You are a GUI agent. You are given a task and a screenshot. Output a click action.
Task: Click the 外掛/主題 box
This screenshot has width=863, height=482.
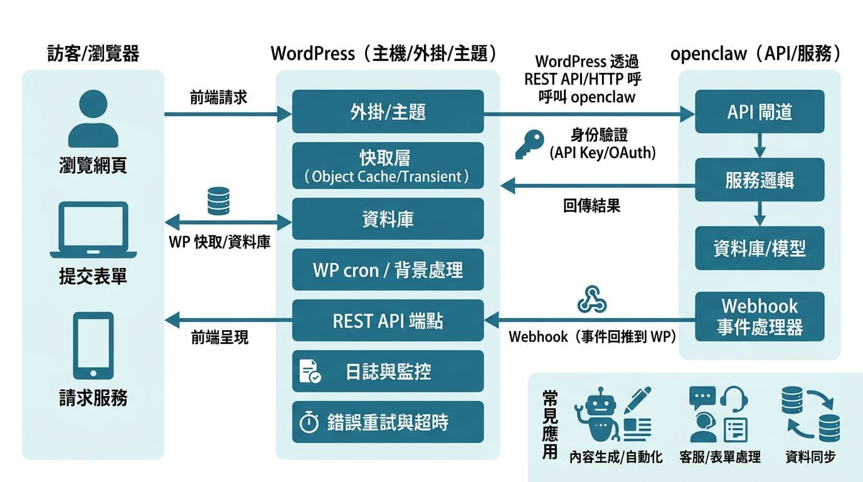[388, 112]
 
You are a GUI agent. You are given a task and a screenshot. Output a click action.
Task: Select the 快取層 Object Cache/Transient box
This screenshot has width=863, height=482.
[388, 166]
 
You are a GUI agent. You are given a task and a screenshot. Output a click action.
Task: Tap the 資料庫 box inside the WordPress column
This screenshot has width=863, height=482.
[388, 219]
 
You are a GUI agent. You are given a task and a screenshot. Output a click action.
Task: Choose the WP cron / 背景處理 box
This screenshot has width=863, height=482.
[388, 270]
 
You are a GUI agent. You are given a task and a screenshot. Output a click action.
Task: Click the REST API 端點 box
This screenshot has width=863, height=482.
[388, 321]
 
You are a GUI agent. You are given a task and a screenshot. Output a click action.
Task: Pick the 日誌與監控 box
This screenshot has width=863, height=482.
[388, 372]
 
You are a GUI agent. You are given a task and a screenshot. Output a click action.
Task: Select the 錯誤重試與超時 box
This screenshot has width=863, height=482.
[388, 422]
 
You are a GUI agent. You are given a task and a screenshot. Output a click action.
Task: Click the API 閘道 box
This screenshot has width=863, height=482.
[760, 112]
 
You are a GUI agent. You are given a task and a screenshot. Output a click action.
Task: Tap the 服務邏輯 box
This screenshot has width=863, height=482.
[760, 180]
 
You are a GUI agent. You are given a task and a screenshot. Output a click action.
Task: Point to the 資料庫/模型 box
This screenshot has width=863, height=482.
[760, 249]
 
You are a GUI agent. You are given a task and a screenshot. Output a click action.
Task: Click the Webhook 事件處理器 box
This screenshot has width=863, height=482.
[760, 316]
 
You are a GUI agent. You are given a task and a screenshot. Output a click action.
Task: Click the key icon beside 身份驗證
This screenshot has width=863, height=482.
[529, 144]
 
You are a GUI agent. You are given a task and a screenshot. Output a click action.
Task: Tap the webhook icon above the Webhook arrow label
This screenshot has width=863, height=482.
[591, 299]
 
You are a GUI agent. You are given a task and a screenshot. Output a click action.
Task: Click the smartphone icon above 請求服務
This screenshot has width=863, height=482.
[93, 345]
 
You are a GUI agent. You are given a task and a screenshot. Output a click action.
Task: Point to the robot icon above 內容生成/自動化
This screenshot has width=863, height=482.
[599, 415]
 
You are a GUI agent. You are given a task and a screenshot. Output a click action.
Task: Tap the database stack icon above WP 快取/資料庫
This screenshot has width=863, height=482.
[220, 201]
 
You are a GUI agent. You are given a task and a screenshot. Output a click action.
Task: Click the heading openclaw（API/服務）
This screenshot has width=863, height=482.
[756, 54]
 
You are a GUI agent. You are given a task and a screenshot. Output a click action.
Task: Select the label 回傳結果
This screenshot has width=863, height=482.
[591, 206]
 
